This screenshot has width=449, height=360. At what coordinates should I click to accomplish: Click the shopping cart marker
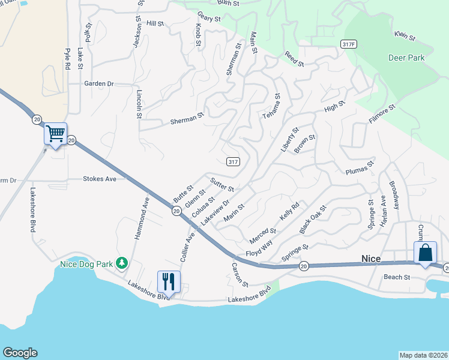pyautogui.click(x=56, y=134)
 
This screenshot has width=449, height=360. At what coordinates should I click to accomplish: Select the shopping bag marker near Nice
pyautogui.click(x=425, y=253)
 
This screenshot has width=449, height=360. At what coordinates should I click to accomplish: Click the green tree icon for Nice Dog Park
pyautogui.click(x=122, y=263)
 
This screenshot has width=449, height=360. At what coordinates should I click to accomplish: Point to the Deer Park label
pyautogui.click(x=406, y=58)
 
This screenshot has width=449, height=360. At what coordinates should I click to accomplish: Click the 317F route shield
pyautogui.click(x=348, y=44)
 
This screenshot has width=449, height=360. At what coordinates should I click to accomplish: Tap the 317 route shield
pyautogui.click(x=234, y=161)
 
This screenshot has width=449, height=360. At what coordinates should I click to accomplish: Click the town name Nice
pyautogui.click(x=371, y=259)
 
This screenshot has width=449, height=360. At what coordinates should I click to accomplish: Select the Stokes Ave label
pyautogui.click(x=100, y=179)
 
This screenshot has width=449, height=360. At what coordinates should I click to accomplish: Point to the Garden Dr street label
pyautogui.click(x=99, y=83)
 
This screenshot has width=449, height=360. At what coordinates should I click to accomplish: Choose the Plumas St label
pyautogui.click(x=360, y=167)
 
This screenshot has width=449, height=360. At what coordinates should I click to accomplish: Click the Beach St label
pyautogui.click(x=397, y=277)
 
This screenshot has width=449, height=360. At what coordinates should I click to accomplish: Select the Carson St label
pyautogui.click(x=240, y=274)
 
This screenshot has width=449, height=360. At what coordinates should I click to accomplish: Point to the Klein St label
pyautogui.click(x=405, y=37)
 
